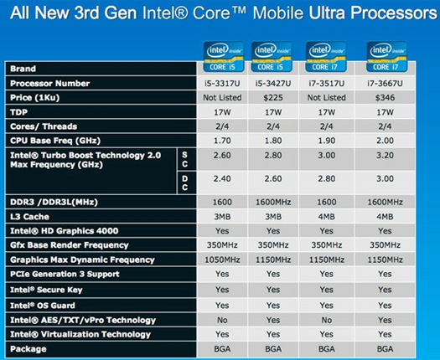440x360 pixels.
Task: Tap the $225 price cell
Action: click(x=278, y=97)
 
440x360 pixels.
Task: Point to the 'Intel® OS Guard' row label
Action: click(x=44, y=304)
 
